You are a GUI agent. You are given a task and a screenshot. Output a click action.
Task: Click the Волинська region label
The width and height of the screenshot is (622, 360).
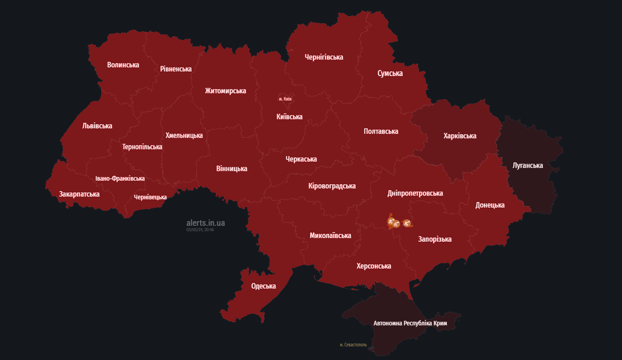(123, 65)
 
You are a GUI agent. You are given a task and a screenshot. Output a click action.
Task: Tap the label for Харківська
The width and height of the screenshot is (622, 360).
(459, 136)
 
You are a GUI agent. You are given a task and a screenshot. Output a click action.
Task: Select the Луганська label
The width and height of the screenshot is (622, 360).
(527, 165)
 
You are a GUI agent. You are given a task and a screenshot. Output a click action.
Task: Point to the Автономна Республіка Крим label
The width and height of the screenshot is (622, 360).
(410, 323)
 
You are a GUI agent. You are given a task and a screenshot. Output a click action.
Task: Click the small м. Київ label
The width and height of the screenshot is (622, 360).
(285, 99)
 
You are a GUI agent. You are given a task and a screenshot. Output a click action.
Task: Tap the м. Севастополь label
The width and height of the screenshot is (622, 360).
(353, 345)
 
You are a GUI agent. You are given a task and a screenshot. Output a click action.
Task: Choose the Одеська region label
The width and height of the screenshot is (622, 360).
(263, 286)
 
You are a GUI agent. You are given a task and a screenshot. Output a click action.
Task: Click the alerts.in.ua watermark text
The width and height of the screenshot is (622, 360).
(205, 223)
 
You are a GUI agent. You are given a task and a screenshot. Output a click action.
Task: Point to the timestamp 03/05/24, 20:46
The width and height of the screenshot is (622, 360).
(200, 230)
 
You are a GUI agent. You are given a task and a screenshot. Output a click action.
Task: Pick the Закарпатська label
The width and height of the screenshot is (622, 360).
(79, 194)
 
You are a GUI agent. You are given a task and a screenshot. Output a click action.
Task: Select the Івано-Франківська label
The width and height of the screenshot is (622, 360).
(120, 179)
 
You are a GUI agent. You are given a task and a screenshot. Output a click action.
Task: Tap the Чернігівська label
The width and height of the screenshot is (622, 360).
(324, 57)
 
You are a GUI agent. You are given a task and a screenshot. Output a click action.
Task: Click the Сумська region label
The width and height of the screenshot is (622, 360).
(390, 73)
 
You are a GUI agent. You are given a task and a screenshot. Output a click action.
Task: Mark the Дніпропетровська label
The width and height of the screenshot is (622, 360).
(415, 193)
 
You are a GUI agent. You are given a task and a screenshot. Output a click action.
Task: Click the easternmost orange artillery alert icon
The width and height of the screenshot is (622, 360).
(407, 223)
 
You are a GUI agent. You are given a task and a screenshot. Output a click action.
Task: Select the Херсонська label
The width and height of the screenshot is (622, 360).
(373, 266)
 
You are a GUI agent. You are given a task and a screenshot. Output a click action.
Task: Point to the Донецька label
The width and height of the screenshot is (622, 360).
(489, 205)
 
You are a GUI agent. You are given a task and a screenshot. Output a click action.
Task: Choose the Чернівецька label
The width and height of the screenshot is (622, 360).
(150, 197)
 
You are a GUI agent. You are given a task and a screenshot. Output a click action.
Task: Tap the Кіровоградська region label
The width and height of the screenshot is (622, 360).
(332, 186)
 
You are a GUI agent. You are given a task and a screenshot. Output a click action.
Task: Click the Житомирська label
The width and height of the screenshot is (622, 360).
(225, 90)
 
